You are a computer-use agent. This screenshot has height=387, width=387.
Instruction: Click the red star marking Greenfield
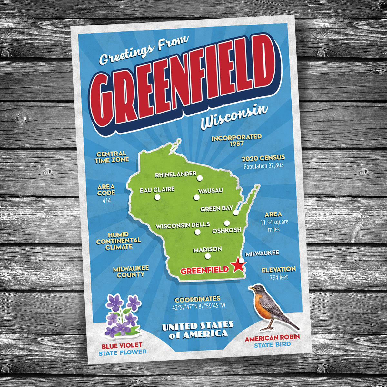pyautogui.click(x=239, y=264)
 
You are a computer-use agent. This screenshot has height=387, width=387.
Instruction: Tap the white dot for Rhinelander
pyautogui.click(x=200, y=178)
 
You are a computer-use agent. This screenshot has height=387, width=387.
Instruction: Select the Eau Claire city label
pyautogui.click(x=157, y=190)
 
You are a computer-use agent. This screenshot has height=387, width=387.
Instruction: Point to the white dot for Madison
pyautogui.click(x=208, y=256)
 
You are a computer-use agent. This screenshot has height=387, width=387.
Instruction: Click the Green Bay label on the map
pyautogui.click(x=216, y=209)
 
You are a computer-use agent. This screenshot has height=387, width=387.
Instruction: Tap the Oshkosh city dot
pyautogui.click(x=227, y=223)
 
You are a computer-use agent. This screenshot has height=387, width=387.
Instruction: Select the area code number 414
pyautogui.click(x=106, y=200)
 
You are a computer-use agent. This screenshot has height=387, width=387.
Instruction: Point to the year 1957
pyautogui.click(x=237, y=144)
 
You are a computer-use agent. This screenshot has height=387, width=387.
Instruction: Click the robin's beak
pyautogui.click(x=250, y=288)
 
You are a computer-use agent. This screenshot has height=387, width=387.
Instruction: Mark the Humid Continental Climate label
pyautogui.click(x=118, y=241)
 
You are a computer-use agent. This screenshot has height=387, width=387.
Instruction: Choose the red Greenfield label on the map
pyautogui.click(x=204, y=270)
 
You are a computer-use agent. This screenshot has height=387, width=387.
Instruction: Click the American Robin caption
pyautogui.click(x=272, y=338)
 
